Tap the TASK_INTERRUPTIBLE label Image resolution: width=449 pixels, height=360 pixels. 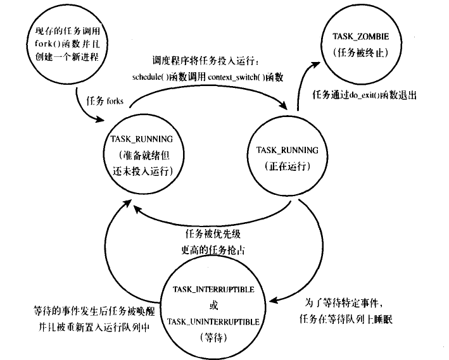[x=213, y=289]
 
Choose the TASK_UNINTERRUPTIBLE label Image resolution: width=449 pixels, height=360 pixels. [x=213, y=322]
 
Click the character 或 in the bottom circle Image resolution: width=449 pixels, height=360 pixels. [x=213, y=306]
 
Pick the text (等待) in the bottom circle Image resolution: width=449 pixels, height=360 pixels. [x=213, y=338]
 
